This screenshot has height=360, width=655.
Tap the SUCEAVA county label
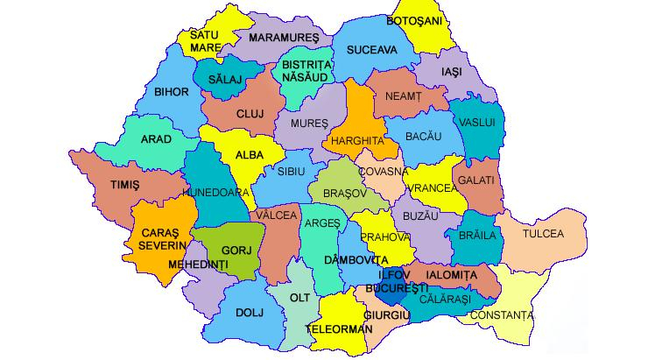[x=371, y=50]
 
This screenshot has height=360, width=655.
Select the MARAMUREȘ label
[x=283, y=38]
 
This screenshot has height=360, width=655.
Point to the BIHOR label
[x=171, y=91]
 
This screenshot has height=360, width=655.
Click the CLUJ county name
[x=250, y=114]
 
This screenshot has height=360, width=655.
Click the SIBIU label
[x=291, y=173]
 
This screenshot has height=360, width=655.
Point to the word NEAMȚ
[x=404, y=95]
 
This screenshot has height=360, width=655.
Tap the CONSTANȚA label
[x=501, y=314]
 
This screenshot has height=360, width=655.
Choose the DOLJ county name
[x=249, y=311]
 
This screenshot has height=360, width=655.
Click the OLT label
[x=300, y=298]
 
